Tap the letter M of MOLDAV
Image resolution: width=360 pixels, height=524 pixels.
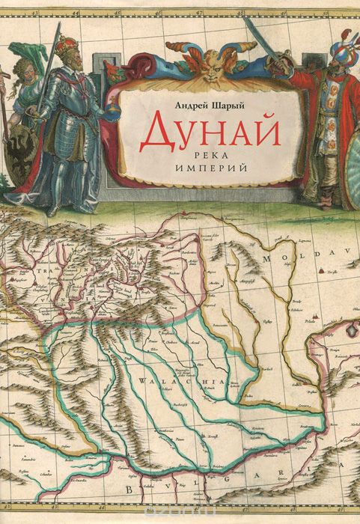pos(266,258)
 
